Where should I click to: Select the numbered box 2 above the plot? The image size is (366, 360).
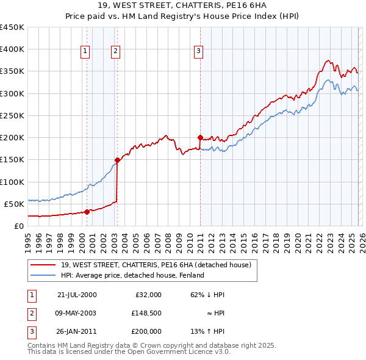[115, 51]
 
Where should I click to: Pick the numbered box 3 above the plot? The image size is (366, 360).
[198, 51]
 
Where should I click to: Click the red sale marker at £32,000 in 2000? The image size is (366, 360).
[87, 212]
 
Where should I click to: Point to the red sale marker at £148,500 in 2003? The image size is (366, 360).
[117, 160]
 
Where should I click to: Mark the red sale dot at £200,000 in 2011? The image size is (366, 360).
[200, 137]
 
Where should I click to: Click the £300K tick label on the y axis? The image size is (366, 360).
[12, 93]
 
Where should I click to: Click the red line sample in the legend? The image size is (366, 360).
[43, 265]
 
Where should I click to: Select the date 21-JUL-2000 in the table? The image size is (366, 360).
[76, 295]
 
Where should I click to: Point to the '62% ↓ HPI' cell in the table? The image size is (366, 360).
[207, 295]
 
